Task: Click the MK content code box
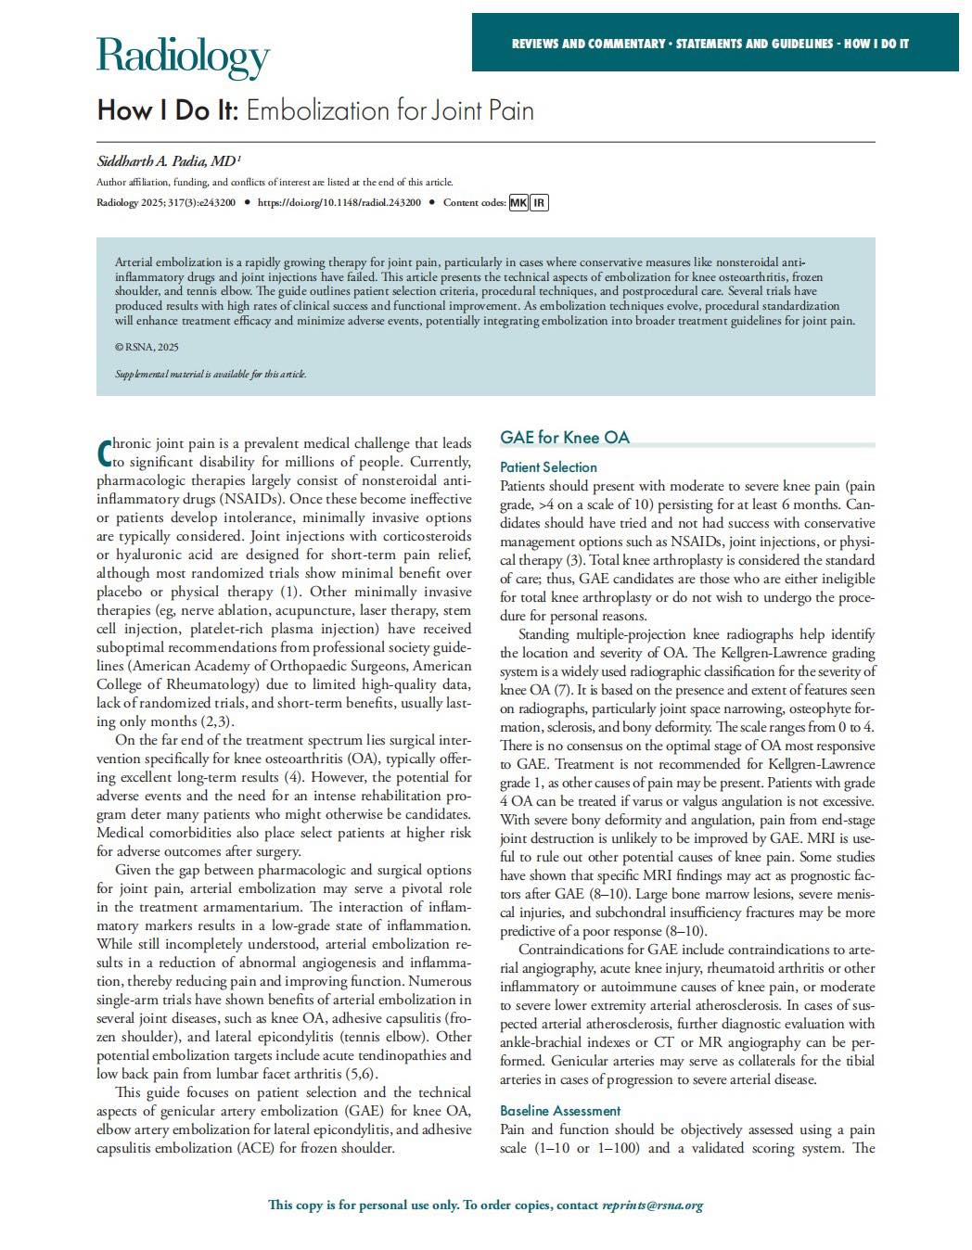coord(518,203)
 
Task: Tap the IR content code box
coord(539,203)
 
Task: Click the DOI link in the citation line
coord(339,203)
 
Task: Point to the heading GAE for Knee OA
coord(564,438)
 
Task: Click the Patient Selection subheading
coord(548,467)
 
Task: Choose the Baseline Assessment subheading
coord(560,1111)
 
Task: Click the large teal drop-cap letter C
coord(105,452)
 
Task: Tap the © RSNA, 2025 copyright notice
coord(147,347)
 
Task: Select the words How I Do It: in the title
coord(168,111)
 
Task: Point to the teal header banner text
coord(710,44)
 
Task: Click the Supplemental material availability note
coord(211,375)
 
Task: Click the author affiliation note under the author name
coord(275,183)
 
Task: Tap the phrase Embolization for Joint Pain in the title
coord(390,111)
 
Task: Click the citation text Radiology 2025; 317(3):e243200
coord(166,203)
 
